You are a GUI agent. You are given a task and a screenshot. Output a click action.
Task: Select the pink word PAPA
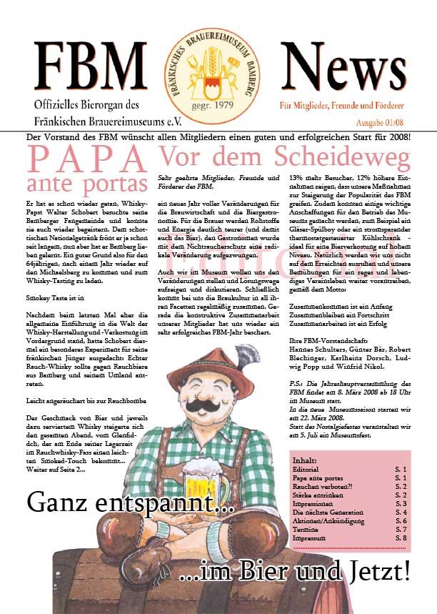(84, 157)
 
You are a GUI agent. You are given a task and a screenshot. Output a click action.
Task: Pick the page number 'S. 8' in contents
(398, 538)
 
